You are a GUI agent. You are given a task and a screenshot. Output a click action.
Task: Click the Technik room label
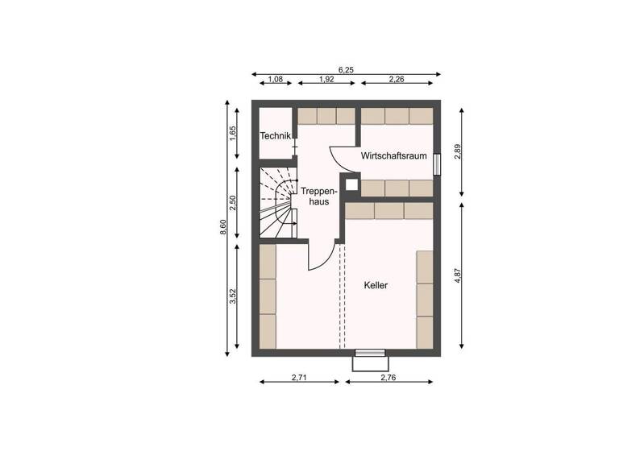click(275, 136)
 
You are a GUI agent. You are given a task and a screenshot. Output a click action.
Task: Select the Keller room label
click(376, 285)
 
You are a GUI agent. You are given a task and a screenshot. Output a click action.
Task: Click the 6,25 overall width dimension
click(347, 70)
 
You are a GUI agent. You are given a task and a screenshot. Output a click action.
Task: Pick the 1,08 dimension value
click(275, 79)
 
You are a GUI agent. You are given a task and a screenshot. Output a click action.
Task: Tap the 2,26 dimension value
click(396, 79)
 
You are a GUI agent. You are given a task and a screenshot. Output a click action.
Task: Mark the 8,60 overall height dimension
click(223, 229)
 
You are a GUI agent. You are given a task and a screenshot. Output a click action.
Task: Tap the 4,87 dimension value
click(457, 275)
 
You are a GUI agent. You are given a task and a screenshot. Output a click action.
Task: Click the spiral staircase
click(277, 202)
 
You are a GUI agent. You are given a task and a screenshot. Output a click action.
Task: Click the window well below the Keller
click(369, 360)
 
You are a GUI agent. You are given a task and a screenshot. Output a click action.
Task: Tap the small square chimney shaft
click(351, 184)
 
